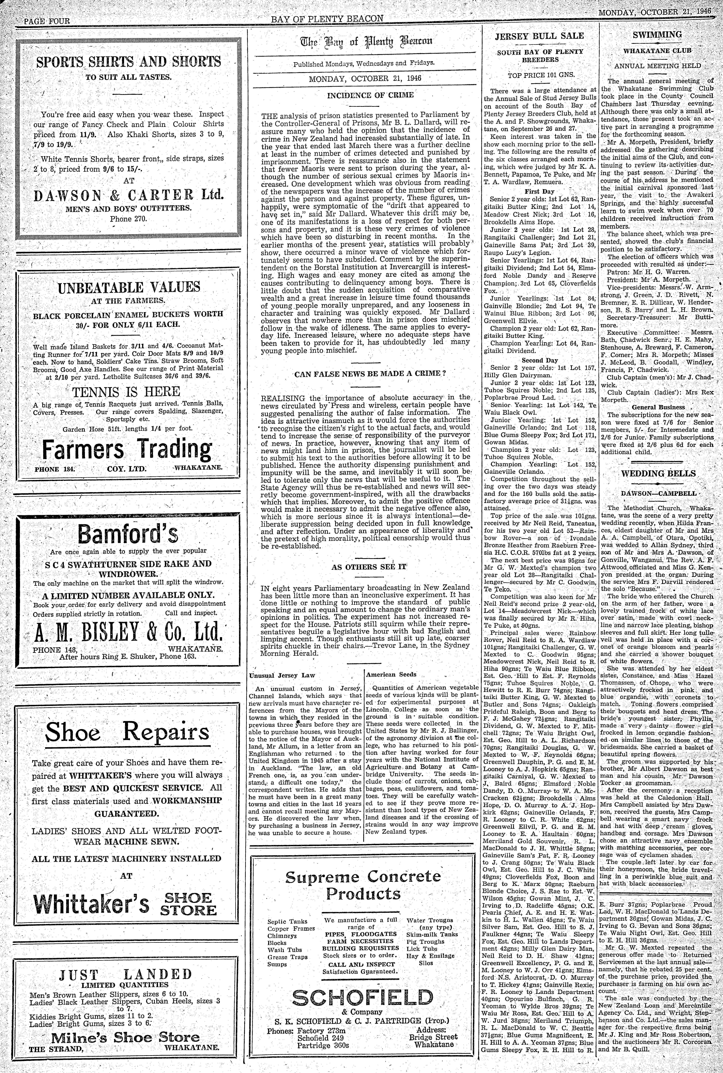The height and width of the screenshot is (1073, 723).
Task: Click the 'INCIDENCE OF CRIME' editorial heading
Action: [x=364, y=95]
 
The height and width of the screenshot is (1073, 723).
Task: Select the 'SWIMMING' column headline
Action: [x=657, y=35]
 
